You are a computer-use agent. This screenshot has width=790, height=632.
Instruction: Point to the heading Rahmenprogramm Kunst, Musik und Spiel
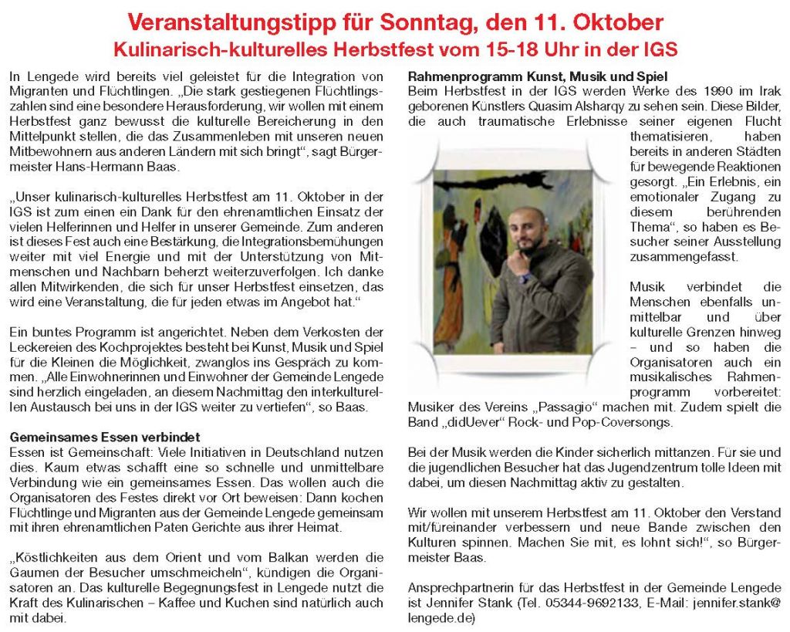(x=537, y=78)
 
